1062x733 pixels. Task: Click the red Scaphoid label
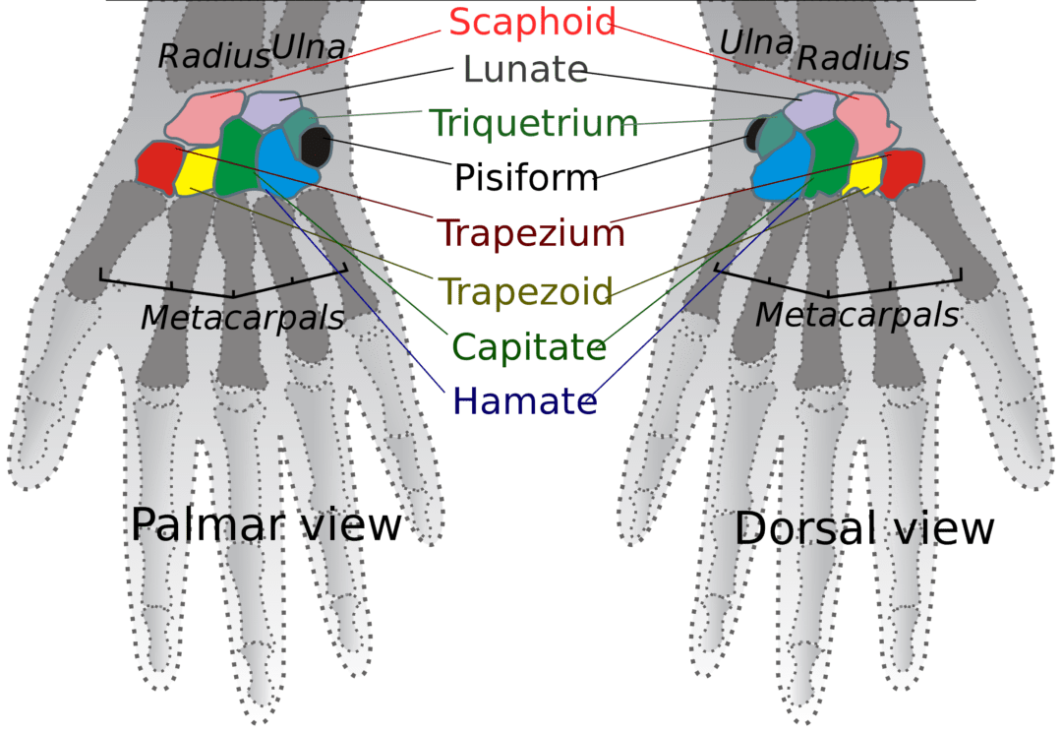(x=532, y=22)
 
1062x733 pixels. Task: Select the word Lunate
(x=525, y=70)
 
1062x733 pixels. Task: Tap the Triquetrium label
(x=534, y=124)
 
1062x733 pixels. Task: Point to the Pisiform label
(x=526, y=178)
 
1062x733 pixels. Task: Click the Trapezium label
(x=531, y=233)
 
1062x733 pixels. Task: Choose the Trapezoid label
(x=527, y=291)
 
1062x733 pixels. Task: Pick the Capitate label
(x=529, y=346)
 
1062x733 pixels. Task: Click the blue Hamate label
(x=524, y=401)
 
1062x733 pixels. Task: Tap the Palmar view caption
(x=265, y=525)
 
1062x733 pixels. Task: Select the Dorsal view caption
(x=864, y=529)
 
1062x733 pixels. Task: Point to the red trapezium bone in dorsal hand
(x=900, y=172)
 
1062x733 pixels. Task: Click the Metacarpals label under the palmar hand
(x=242, y=318)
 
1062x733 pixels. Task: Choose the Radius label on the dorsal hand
(x=853, y=58)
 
